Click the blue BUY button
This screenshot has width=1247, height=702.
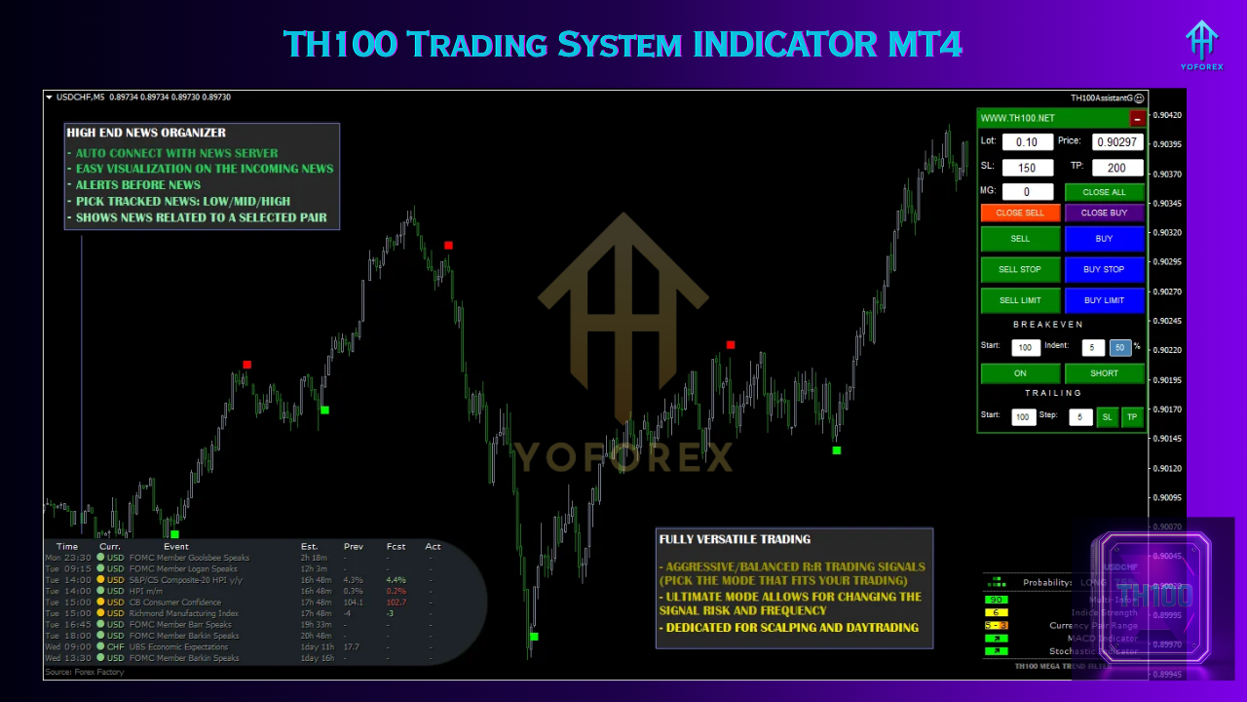(1104, 239)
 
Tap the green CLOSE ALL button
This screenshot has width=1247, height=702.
(1104, 192)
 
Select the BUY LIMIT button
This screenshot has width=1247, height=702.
(1104, 300)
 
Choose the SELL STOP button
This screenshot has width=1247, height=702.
(1020, 269)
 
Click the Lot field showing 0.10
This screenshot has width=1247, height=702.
(1027, 142)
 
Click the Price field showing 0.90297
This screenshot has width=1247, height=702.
(1116, 142)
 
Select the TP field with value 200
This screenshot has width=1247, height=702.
(1116, 168)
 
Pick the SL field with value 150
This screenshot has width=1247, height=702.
(1027, 168)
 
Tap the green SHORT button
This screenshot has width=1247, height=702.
(1104, 373)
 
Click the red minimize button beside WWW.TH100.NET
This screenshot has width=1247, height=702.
(1137, 119)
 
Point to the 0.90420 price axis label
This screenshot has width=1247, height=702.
(1167, 115)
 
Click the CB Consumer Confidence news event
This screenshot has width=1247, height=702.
(175, 603)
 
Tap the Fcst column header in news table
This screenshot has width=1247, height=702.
(395, 547)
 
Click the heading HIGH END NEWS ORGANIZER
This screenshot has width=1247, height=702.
(146, 133)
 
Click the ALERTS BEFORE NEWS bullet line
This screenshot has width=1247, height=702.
(137, 185)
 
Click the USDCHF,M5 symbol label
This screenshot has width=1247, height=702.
(80, 97)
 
